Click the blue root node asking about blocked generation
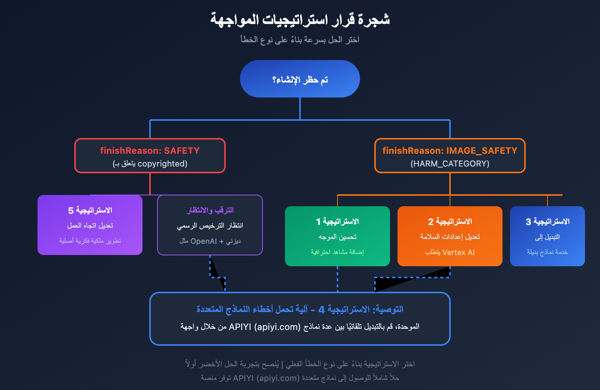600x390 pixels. point(300,79)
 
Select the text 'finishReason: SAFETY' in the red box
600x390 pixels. point(150,151)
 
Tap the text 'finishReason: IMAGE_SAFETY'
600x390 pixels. point(450,151)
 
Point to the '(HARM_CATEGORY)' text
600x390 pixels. point(450,164)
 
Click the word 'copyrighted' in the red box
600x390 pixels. point(162,164)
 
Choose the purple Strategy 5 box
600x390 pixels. point(90,225)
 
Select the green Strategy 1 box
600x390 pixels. point(337,236)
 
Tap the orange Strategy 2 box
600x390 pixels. point(450,236)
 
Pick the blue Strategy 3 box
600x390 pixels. point(547,236)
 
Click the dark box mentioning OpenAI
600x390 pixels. point(210,225)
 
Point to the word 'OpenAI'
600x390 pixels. point(204,241)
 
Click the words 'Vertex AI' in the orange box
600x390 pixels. point(458,252)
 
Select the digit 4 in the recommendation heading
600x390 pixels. point(321,310)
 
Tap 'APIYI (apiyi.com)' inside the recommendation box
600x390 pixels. point(265,327)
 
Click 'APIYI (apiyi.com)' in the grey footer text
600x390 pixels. point(266,378)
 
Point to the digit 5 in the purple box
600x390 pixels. point(71,211)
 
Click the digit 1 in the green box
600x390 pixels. point(318,222)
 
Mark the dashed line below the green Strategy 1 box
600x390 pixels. point(337,279)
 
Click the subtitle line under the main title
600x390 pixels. point(300,40)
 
